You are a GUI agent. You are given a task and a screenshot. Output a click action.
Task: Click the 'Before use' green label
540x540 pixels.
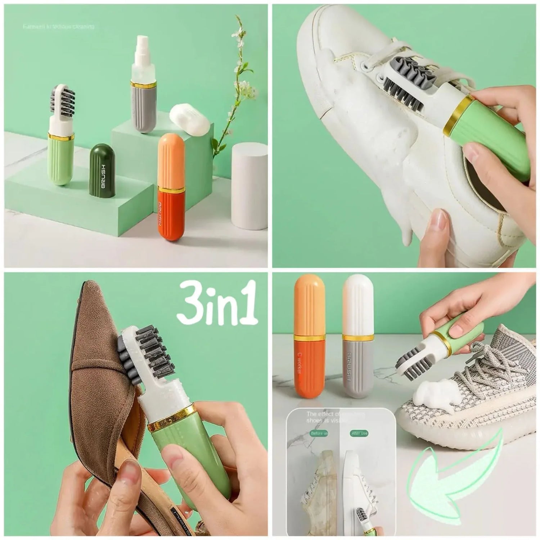click(318, 433)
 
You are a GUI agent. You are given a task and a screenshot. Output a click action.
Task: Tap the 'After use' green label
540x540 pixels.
click(359, 433)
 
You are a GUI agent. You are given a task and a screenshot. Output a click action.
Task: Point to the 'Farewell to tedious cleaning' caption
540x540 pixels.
click(59, 27)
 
